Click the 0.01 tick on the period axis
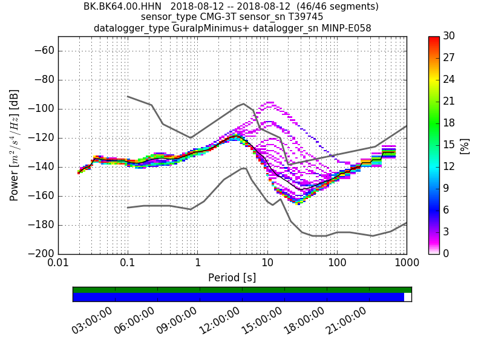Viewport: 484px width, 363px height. [x=58, y=264]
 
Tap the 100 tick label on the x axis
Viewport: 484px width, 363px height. [x=337, y=264]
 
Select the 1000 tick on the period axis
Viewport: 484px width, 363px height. [x=406, y=264]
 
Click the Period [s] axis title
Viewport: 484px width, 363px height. [x=232, y=278]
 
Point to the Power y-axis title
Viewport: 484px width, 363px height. [x=14, y=145]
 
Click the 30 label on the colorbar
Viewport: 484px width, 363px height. [x=448, y=36]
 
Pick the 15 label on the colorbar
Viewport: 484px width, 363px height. [x=448, y=145]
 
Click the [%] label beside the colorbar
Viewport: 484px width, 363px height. [x=465, y=145]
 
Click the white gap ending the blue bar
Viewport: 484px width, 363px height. [x=408, y=297]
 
